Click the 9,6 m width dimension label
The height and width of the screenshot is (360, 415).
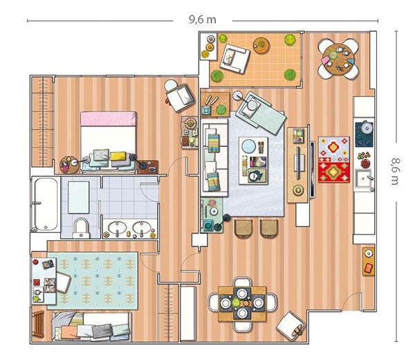click(x=203, y=19)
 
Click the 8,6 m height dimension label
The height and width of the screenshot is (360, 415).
click(x=396, y=172)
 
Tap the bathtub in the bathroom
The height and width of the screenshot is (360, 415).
click(x=46, y=204)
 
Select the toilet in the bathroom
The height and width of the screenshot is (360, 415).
click(x=81, y=228)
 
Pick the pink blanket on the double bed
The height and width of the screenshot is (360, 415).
click(x=109, y=118)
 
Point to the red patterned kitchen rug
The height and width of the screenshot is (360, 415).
click(x=334, y=159)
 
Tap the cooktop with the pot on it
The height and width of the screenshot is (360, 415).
click(x=365, y=134)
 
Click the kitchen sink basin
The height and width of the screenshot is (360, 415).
click(x=363, y=179)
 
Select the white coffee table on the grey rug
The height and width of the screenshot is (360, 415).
click(x=253, y=161)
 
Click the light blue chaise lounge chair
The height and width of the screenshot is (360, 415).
click(x=261, y=113)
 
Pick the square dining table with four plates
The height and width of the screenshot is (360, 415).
click(x=242, y=303)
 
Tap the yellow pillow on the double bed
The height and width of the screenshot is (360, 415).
click(x=118, y=156)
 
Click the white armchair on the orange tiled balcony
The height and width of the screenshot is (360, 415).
click(x=234, y=58)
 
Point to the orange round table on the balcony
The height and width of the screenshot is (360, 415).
click(x=261, y=46)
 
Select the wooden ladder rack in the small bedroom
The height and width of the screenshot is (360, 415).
click(x=38, y=324)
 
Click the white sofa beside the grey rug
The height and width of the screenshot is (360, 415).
click(x=214, y=158)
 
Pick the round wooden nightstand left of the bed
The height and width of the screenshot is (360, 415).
click(x=69, y=165)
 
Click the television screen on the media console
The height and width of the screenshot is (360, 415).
click(x=313, y=170)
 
